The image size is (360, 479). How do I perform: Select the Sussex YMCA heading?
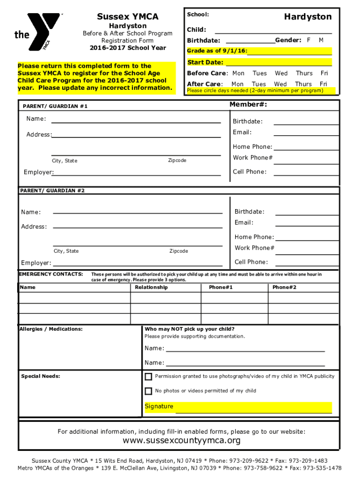tap(128, 17)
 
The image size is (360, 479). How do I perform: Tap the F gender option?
tap(309, 40)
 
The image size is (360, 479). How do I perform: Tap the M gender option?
tap(321, 40)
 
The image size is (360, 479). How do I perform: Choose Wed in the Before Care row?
tap(281, 73)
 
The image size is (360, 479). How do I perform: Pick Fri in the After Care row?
tap(324, 84)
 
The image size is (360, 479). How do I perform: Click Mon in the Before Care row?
tap(238, 73)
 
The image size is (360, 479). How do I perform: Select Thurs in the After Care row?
tap(303, 84)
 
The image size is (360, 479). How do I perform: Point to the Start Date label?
tap(205, 62)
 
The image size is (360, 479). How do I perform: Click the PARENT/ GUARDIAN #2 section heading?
tap(52, 191)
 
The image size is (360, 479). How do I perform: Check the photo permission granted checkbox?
tap(148, 377)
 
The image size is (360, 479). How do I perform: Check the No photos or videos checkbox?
tap(148, 391)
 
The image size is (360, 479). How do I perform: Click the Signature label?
tap(159, 406)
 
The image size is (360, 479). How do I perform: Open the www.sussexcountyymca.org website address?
tap(181, 441)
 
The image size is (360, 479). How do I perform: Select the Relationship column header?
tap(151, 287)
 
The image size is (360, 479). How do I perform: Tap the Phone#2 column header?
tap(284, 287)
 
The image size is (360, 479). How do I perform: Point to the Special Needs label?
tap(41, 377)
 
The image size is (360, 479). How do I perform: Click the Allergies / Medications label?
tap(51, 329)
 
